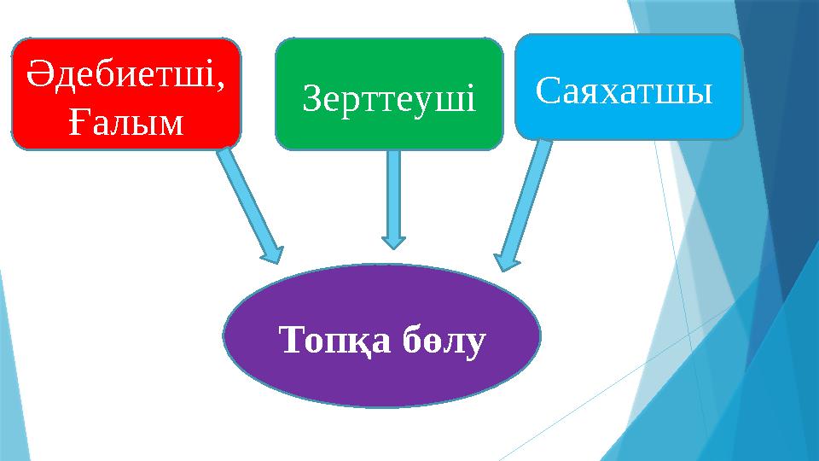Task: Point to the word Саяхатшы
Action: click(x=624, y=88)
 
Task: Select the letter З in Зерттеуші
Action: click(x=311, y=100)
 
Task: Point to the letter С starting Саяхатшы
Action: click(x=545, y=88)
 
